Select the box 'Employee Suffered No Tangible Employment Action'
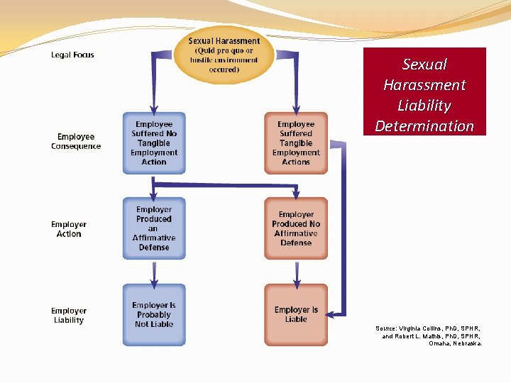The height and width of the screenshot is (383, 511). point(154,143)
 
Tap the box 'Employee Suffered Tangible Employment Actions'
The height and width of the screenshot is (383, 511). point(296,143)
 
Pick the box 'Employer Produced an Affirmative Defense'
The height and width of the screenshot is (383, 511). point(154,228)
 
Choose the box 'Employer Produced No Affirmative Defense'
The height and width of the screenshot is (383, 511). point(296,228)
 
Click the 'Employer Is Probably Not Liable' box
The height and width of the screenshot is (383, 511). point(154,315)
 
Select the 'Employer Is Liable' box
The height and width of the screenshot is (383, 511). point(296,315)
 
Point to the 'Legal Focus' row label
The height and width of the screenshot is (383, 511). point(72,55)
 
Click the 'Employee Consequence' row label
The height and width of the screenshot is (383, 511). point(76,141)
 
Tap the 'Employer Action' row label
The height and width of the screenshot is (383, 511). point(69,229)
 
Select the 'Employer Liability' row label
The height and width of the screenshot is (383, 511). point(69,315)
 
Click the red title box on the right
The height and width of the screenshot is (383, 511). point(424,91)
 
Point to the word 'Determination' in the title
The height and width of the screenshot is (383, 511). point(424,126)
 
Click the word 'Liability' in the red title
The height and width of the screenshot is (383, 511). point(424,106)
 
